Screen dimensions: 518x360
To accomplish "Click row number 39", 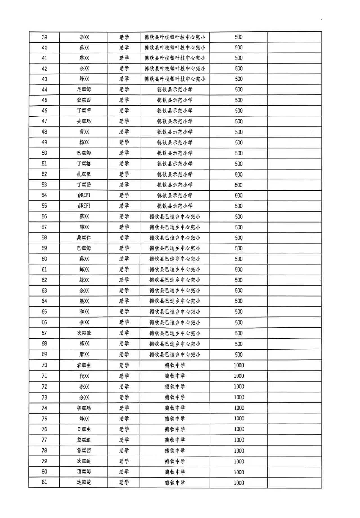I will tap(44, 37).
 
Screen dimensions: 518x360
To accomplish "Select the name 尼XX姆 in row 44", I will tap(84, 90).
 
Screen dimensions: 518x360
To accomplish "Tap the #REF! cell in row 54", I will tap(84, 195).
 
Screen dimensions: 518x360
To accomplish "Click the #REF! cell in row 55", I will tap(84, 206).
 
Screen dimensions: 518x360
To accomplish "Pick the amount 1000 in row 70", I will tap(239, 365).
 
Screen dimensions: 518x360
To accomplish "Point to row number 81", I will tap(44, 482).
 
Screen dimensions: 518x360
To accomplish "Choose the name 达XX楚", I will tap(84, 482).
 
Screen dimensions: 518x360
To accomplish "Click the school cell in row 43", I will tap(175, 79).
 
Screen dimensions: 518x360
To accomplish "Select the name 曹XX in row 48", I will tap(84, 132).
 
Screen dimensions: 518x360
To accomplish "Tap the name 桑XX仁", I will tap(84, 238).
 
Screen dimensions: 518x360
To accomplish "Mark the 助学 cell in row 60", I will tap(124, 259).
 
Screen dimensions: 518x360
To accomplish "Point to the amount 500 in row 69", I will tap(239, 354).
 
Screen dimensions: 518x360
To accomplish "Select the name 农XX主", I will tap(84, 365).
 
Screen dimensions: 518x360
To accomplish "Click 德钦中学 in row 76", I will tap(175, 429).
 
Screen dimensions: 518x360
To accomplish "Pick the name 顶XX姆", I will tap(84, 472).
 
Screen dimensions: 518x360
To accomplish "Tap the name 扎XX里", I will tap(84, 174).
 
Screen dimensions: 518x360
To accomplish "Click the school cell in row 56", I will tap(175, 217).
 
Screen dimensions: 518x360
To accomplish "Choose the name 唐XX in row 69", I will tap(84, 354).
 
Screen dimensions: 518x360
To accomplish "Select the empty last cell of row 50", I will tap(294, 153).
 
